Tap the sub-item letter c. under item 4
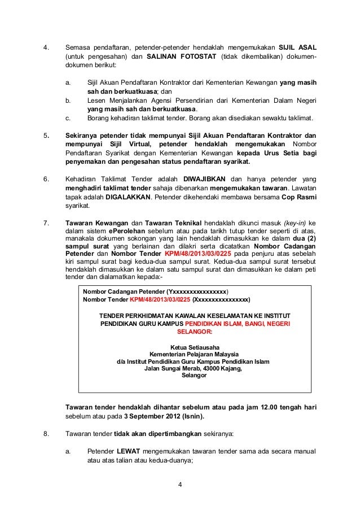[x=68, y=118]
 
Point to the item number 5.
[x=46, y=136]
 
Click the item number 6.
[x=46, y=178]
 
